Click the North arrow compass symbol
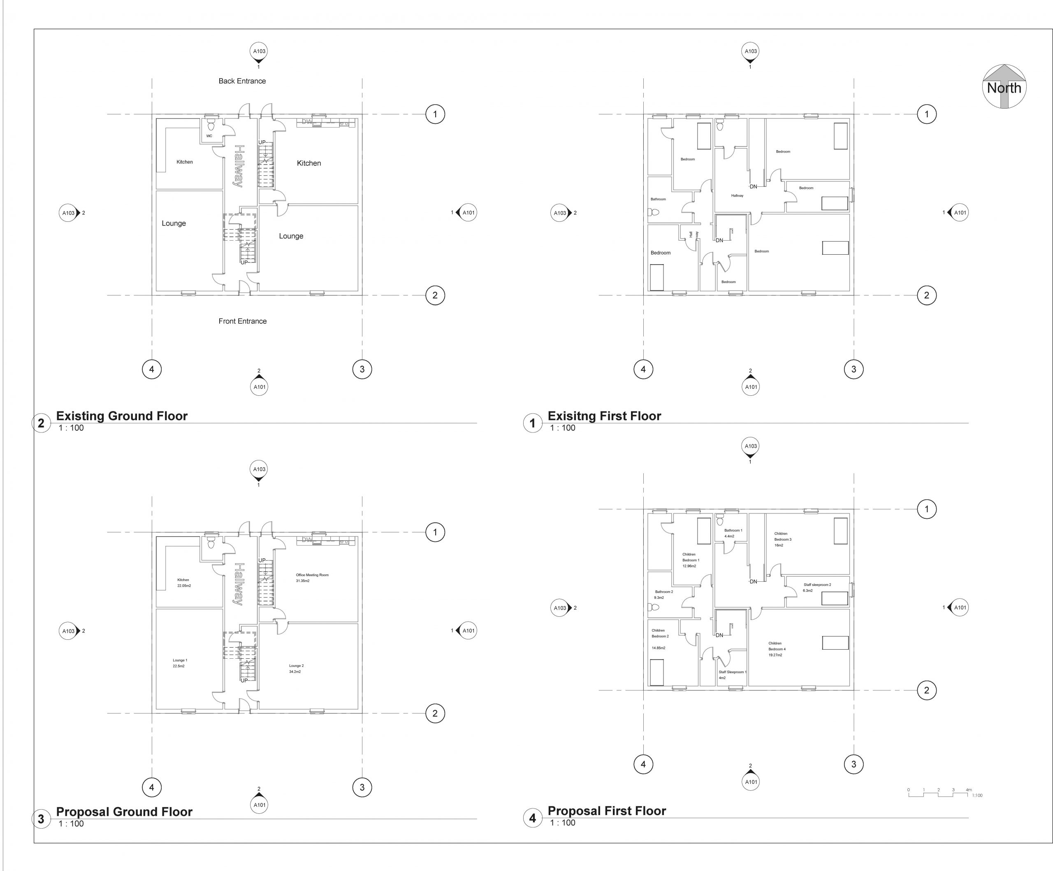click(1004, 87)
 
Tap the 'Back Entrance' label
click(242, 81)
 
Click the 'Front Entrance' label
click(242, 321)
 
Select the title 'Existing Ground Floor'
click(121, 416)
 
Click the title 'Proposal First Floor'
click(606, 811)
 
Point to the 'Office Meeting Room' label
click(312, 575)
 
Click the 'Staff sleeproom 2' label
click(817, 585)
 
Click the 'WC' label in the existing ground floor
click(209, 136)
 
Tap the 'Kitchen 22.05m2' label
click(183, 583)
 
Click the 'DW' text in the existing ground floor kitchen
click(307, 121)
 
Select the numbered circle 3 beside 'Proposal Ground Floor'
click(41, 819)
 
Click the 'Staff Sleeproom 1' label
click(732, 672)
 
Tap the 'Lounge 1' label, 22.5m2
click(179, 663)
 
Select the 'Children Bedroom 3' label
click(782, 539)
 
